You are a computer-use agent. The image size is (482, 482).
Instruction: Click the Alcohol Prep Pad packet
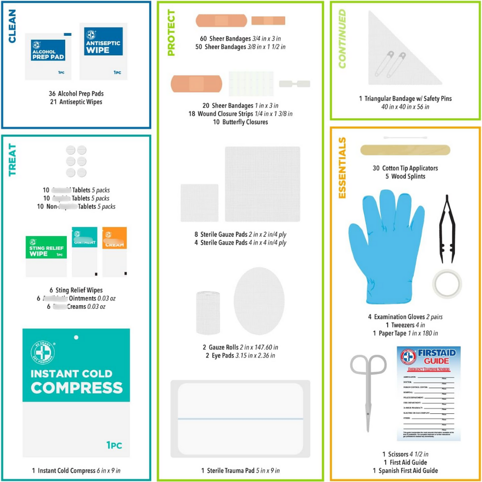tap(48, 56)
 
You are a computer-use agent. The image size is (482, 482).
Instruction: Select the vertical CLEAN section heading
tap(12, 27)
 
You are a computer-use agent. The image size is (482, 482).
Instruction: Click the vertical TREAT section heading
tap(12, 160)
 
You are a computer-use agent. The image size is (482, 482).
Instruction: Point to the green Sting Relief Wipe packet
tap(46, 255)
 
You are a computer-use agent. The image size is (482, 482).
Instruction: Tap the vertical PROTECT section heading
tap(171, 33)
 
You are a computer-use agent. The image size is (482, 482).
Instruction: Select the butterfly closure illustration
tap(295, 83)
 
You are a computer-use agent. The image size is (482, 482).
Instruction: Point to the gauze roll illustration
tap(208, 312)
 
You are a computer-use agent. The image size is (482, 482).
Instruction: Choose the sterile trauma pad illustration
tap(240, 419)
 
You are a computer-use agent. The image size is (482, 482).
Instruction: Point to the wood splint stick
tap(405, 150)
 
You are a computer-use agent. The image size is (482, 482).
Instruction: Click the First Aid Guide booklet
tap(428, 393)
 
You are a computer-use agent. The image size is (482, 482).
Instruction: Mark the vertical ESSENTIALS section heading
tap(342, 168)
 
